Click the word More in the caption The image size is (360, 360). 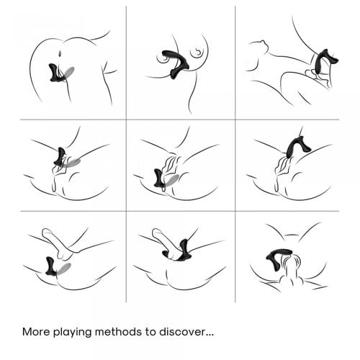36,332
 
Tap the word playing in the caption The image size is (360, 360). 72,333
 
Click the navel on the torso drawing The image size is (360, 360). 60,53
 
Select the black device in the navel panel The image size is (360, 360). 56,73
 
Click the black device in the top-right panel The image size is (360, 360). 323,63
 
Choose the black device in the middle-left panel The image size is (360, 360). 60,157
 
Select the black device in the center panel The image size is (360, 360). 159,178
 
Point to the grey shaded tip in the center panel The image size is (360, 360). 171,180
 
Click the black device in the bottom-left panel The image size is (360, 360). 51,266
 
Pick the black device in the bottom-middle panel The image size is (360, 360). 180,251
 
